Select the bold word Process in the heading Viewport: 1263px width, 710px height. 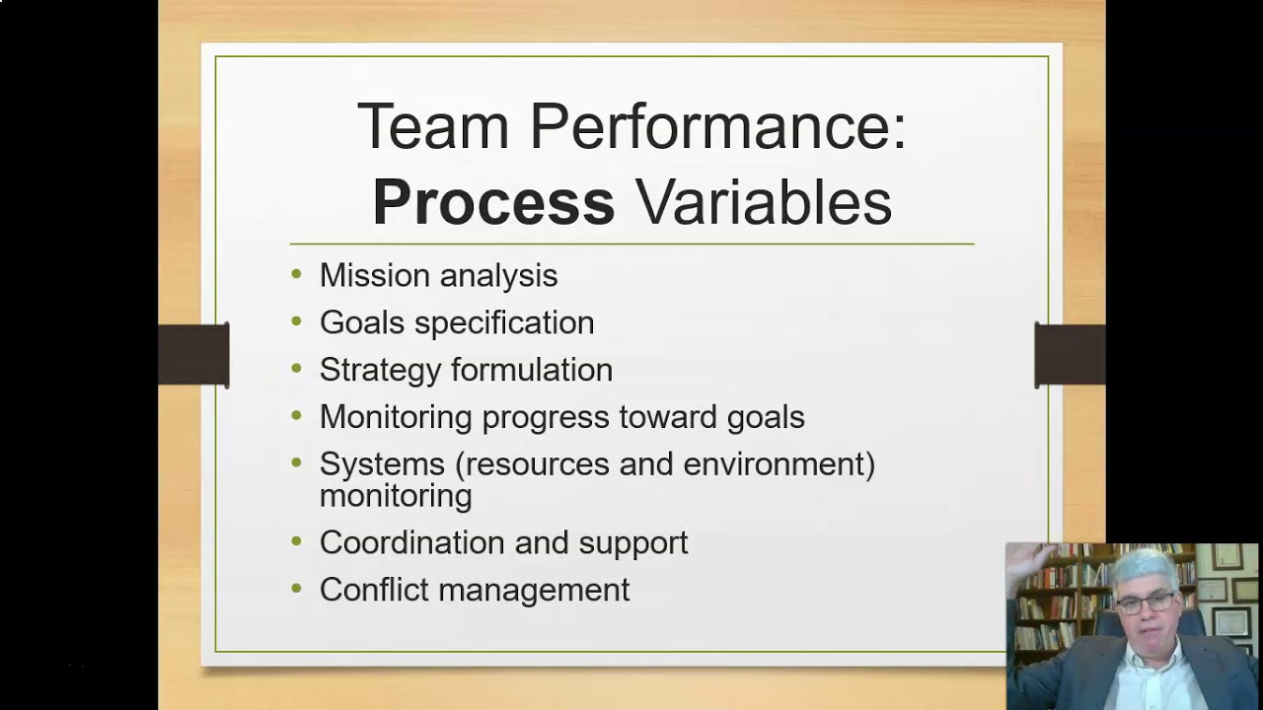493,202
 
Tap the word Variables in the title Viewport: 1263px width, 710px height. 763,202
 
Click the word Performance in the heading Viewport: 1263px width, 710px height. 717,127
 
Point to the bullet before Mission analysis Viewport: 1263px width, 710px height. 297,275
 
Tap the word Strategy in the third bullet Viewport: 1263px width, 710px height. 378,370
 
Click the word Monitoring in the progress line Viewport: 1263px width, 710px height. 396,417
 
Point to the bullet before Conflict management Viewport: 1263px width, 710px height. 297,590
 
